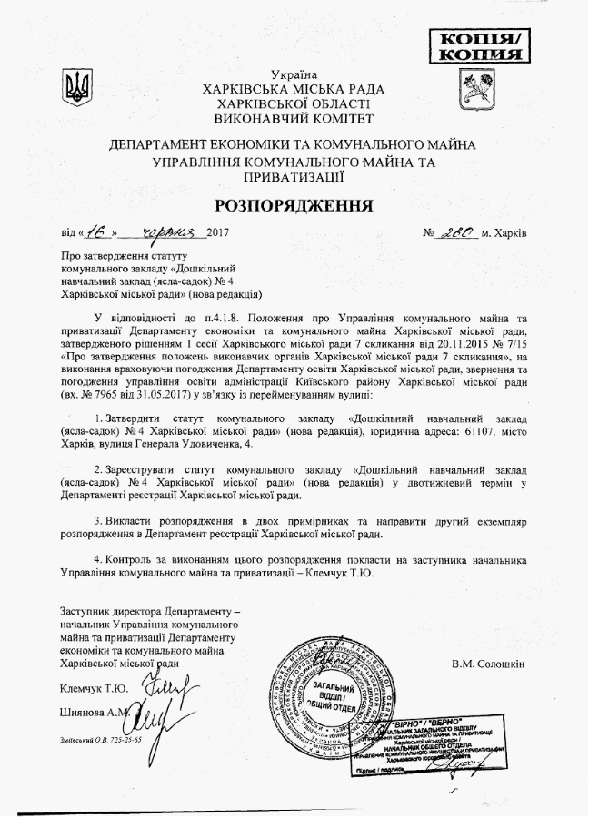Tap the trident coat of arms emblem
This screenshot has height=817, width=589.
pyautogui.click(x=76, y=89)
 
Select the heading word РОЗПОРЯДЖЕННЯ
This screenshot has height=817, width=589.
pyautogui.click(x=294, y=204)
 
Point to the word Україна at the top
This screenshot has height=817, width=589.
pyautogui.click(x=294, y=73)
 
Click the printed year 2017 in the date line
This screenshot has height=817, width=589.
pyautogui.click(x=219, y=234)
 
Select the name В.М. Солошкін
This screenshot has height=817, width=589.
pyautogui.click(x=487, y=664)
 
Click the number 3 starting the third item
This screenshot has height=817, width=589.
pyautogui.click(x=97, y=524)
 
